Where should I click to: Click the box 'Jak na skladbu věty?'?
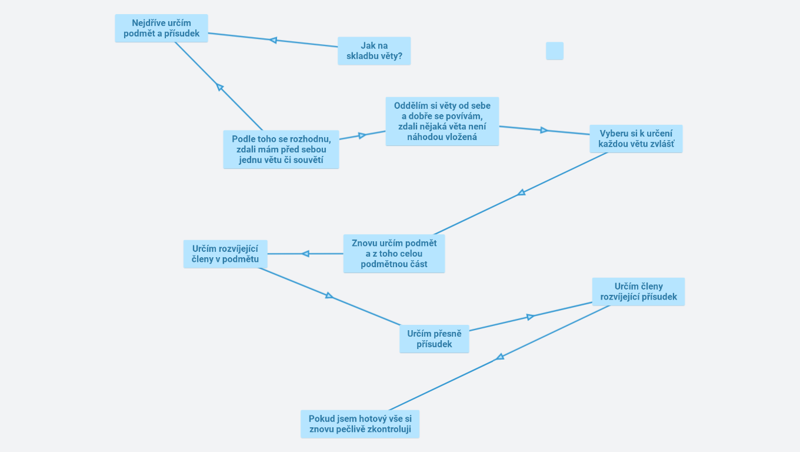[x=374, y=51]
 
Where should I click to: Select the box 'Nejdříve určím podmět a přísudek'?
[x=161, y=28]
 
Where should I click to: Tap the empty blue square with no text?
[x=555, y=51]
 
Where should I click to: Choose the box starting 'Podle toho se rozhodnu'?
[x=281, y=149]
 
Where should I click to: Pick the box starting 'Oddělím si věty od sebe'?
[x=442, y=121]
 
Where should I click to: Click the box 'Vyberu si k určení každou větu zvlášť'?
[x=636, y=139]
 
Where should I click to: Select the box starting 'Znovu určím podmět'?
[x=394, y=254]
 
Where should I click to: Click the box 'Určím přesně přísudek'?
[x=434, y=339]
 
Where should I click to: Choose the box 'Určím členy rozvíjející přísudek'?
[x=638, y=292]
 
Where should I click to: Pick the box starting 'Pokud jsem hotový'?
[x=360, y=424]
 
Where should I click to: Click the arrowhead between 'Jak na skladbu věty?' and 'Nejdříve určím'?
[x=273, y=40]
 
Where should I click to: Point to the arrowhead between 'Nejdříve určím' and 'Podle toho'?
[x=219, y=87]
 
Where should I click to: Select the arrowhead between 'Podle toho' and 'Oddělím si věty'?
[x=362, y=135]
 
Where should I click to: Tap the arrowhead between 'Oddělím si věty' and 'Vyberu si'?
[x=544, y=130]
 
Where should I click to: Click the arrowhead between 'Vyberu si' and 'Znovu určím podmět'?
[x=521, y=192]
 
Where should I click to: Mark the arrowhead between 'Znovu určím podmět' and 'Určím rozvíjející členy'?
[x=305, y=254]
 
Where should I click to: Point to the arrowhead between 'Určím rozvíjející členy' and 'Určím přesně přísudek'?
[x=329, y=295]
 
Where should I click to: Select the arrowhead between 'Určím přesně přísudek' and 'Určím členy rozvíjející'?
[x=530, y=317]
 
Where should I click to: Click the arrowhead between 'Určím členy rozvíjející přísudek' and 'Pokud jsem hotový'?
[x=500, y=357]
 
